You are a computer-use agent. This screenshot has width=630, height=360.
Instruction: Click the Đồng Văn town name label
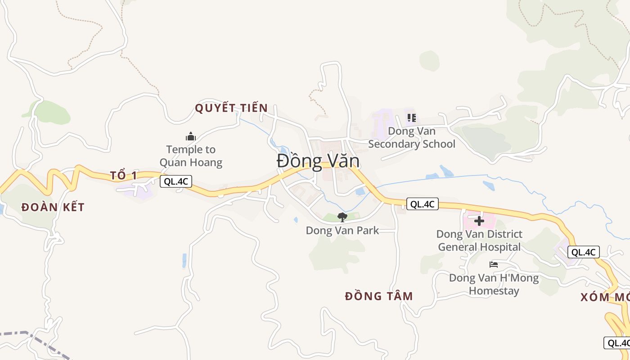(318, 161)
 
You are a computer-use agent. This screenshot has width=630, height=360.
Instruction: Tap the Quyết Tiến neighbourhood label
(231, 108)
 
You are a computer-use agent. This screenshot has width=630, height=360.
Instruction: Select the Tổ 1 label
(123, 175)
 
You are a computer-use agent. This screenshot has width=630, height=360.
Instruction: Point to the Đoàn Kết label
(53, 207)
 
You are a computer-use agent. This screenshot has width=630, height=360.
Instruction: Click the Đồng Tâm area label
(379, 296)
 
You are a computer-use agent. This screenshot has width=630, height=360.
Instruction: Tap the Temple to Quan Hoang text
(191, 156)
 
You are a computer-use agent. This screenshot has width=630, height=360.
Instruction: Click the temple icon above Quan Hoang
(191, 136)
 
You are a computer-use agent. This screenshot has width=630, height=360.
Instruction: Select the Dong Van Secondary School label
(411, 138)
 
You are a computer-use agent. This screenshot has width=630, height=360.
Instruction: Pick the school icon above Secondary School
(411, 118)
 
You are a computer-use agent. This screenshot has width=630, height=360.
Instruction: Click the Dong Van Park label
(342, 230)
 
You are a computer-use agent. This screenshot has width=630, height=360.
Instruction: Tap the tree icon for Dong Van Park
(342, 217)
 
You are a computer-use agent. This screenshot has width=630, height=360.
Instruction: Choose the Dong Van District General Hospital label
(479, 240)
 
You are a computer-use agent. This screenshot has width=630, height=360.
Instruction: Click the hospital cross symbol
(479, 220)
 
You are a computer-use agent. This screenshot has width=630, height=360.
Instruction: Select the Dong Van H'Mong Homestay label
(494, 284)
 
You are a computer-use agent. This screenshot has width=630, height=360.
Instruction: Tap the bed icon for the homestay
(494, 265)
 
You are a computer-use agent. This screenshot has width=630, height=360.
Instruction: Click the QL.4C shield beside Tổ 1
(176, 181)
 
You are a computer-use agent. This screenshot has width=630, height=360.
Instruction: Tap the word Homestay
(494, 291)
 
